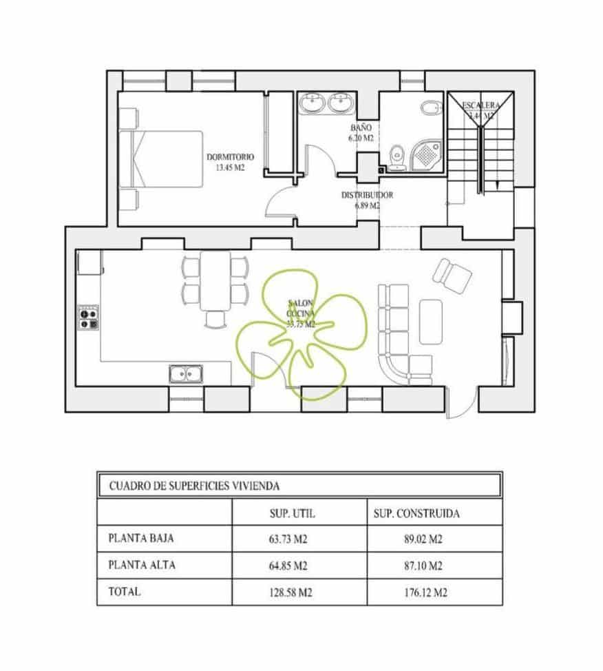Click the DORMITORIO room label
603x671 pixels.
pyautogui.click(x=231, y=156)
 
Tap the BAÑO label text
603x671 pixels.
pyautogui.click(x=361, y=128)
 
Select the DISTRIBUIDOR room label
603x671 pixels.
pyautogui.click(x=367, y=196)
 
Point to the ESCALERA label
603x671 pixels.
pyautogui.click(x=480, y=105)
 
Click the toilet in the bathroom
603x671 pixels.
pyautogui.click(x=396, y=156)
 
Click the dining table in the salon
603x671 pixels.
pyautogui.click(x=215, y=281)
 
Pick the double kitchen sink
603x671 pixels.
pyautogui.click(x=185, y=373)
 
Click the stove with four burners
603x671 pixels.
pyautogui.click(x=88, y=317)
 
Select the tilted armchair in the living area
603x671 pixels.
pyautogui.click(x=452, y=275)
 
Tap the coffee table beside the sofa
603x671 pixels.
pyautogui.click(x=431, y=321)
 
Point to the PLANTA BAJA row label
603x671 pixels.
pyautogui.click(x=137, y=538)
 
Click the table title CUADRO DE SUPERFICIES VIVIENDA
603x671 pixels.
pyautogui.click(x=194, y=486)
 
